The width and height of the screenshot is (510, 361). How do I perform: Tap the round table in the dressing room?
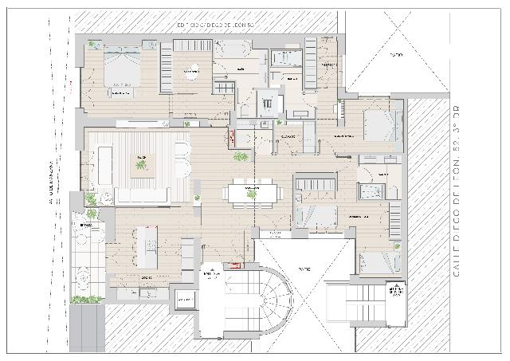coord(191,73)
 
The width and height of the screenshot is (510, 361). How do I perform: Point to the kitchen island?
coord(146,246)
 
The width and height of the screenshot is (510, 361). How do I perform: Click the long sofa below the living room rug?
coord(142,196)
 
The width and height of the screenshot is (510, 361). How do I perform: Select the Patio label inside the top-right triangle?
coord(395,55)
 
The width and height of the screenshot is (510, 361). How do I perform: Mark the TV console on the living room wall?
coord(142,124)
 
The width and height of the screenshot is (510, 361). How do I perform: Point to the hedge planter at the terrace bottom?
coord(87,300)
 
